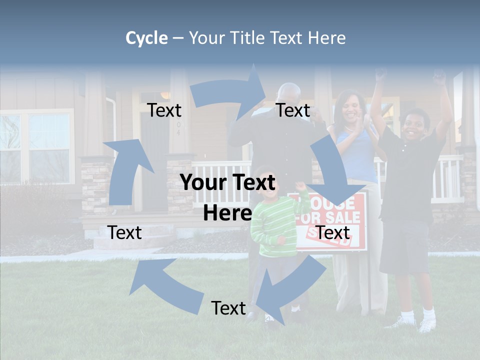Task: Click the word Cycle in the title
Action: click(146, 38)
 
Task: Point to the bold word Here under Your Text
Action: click(227, 213)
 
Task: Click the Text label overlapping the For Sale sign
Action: click(333, 232)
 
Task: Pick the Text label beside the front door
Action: click(164, 110)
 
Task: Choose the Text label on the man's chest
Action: click(293, 110)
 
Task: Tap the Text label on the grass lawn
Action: click(228, 308)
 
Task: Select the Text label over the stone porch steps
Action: click(124, 232)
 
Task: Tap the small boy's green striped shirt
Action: click(272, 225)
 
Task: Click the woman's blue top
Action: click(357, 155)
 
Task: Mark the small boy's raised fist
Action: click(301, 186)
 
